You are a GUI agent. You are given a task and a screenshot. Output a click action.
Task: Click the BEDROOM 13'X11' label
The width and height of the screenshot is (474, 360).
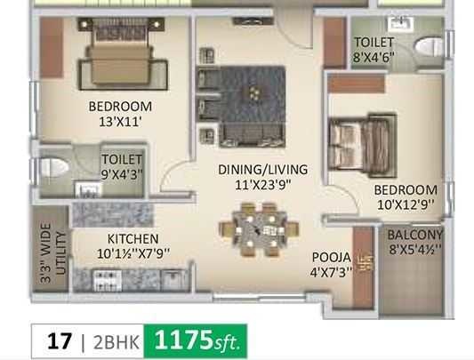pos(120,114)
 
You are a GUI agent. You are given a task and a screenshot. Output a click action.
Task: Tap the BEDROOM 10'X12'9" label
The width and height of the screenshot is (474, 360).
pos(405,196)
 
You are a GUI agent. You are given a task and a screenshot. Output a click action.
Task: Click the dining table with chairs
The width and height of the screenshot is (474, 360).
pos(258,228)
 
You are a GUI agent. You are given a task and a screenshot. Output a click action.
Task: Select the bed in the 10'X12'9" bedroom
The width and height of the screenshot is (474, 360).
pos(359,143)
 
